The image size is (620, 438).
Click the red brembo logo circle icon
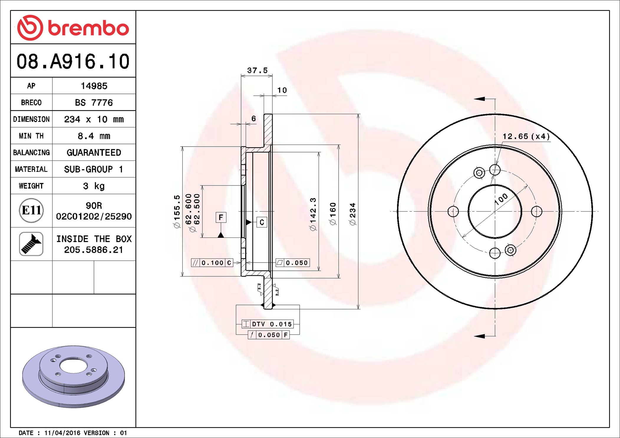30,28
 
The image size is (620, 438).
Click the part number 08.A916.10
73,62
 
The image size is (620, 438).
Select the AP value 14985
94,86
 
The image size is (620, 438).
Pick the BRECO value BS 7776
94,102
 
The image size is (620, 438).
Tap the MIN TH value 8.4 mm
94,136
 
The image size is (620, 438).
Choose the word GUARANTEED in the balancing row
94,152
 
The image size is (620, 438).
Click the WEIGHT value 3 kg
94,186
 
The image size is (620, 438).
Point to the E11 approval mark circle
31,210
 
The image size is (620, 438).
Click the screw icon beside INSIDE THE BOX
31,244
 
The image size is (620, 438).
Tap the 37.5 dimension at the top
257,71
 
